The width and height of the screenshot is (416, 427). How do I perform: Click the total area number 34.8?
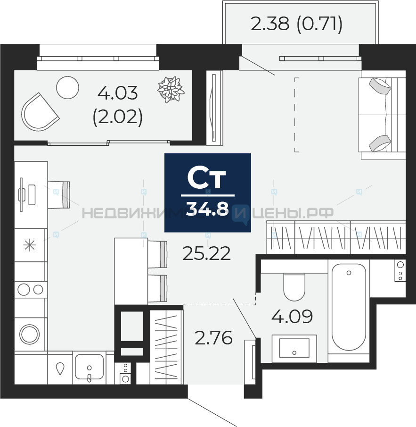[207, 209]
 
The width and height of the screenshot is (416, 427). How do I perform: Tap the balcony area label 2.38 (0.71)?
[296, 24]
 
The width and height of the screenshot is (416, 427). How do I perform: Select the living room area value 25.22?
[207, 253]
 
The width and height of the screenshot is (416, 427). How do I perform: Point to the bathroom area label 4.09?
[292, 316]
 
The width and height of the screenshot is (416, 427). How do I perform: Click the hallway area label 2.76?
[214, 337]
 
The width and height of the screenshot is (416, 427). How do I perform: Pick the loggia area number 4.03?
[118, 93]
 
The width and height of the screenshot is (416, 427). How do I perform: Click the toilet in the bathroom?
[294, 287]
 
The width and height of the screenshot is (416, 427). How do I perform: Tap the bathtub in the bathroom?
[349, 307]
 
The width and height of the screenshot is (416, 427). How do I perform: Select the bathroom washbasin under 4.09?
[294, 348]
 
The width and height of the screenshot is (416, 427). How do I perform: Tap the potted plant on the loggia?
[171, 89]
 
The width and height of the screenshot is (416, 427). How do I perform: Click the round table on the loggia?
[67, 87]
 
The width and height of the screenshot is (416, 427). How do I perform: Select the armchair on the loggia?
[40, 112]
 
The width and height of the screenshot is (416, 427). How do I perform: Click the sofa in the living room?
[382, 114]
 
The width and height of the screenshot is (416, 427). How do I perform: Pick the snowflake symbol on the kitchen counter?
[30, 245]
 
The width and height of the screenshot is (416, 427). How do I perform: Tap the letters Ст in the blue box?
[207, 179]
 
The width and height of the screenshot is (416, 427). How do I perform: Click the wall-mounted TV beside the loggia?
[214, 108]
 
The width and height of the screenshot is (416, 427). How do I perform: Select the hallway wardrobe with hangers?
[166, 345]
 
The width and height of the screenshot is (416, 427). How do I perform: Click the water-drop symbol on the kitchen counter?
[60, 368]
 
